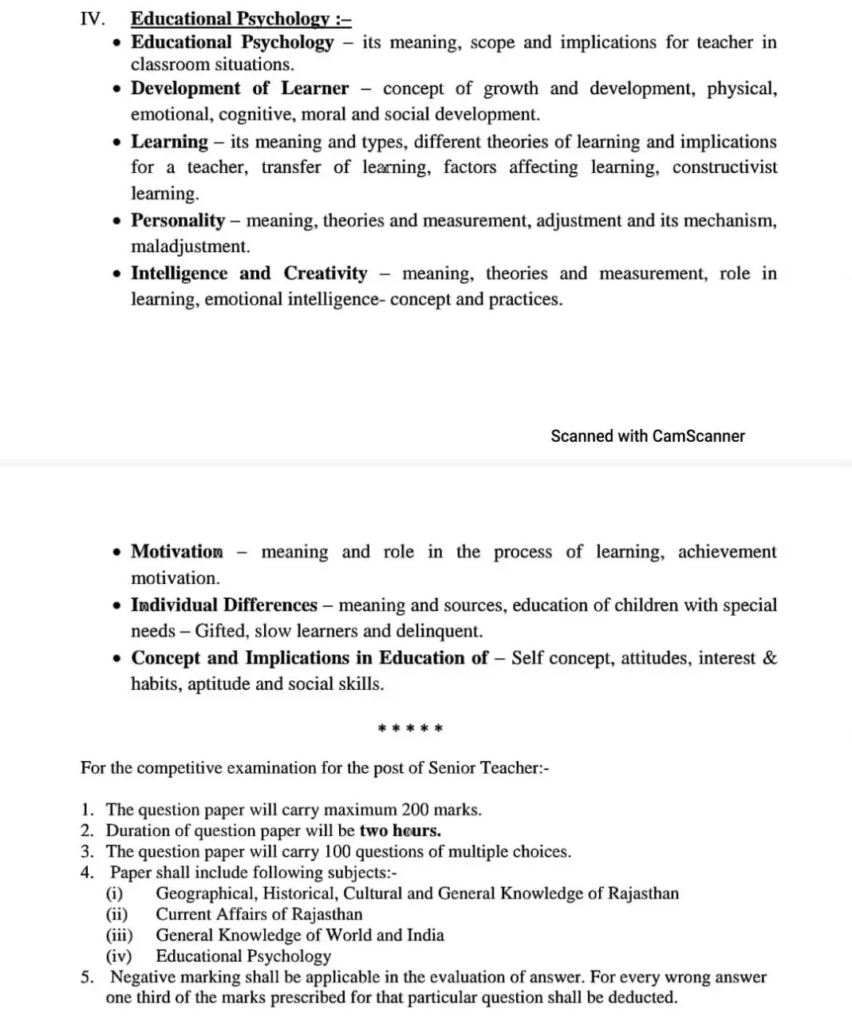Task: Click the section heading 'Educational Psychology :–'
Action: (241, 18)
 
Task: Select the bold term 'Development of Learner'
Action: (239, 89)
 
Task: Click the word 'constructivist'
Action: (724, 168)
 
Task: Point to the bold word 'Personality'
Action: (178, 220)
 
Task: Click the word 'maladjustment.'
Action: (190, 246)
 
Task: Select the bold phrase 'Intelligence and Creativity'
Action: (249, 274)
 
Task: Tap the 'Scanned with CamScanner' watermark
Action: (647, 436)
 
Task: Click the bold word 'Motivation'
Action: (177, 552)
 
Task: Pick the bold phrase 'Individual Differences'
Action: (224, 605)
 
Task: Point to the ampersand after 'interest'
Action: (770, 658)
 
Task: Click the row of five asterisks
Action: (410, 728)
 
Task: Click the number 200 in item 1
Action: (415, 810)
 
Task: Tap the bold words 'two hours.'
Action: (400, 831)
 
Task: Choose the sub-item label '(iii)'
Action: (120, 936)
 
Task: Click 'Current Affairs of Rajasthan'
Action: (258, 915)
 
